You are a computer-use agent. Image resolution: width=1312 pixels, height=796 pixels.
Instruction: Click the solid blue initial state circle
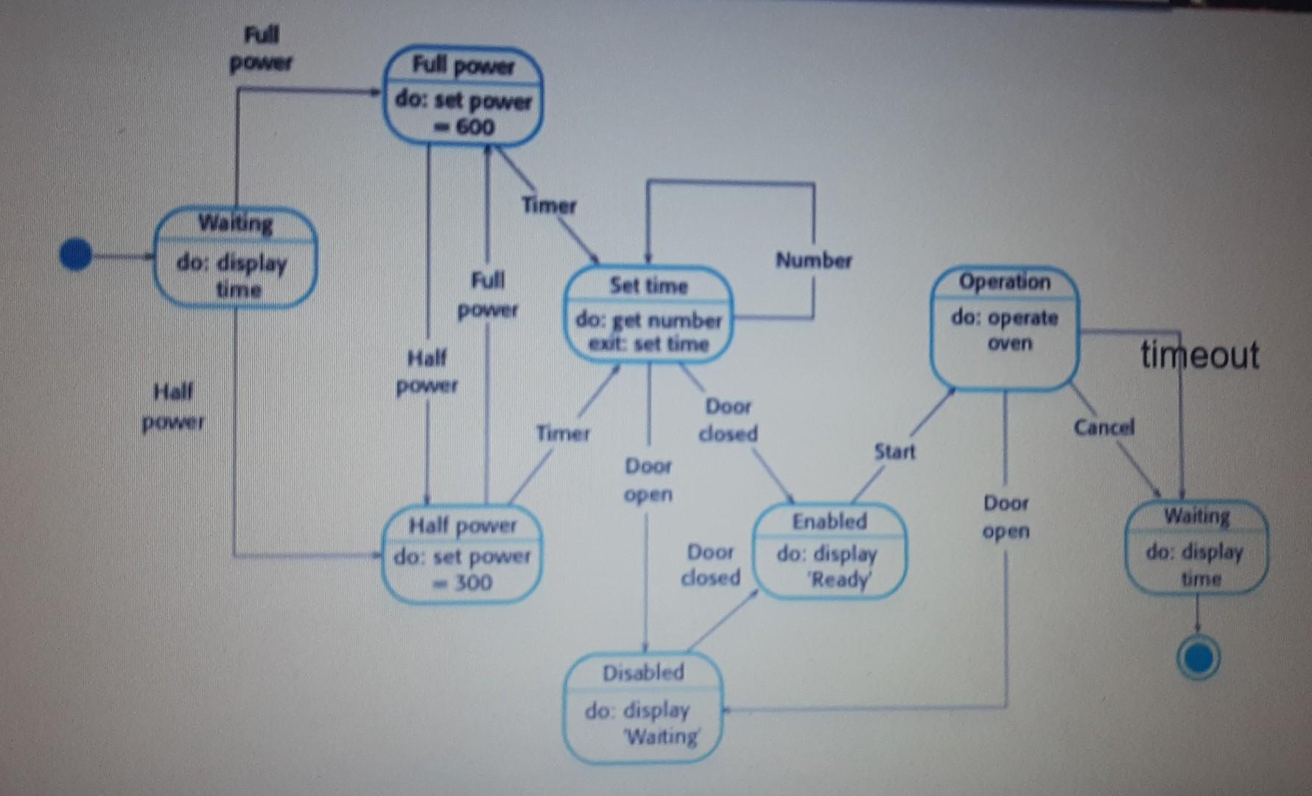(75, 255)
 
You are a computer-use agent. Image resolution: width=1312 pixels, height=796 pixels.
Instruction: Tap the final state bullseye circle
(1198, 657)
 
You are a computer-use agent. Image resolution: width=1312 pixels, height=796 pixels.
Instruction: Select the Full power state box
(463, 96)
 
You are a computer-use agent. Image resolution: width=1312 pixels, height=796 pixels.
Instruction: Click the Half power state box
(462, 554)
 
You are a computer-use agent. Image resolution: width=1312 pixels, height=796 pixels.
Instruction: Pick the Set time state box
(648, 315)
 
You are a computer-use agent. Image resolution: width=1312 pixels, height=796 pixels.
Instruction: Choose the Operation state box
(1005, 328)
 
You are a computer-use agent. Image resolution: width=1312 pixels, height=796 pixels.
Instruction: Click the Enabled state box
(829, 550)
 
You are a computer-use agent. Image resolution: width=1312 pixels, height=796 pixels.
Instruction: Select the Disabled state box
(643, 706)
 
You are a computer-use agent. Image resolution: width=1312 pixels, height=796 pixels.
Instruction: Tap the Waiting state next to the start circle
(235, 257)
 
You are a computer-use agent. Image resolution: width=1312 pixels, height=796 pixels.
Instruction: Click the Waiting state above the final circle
(1196, 547)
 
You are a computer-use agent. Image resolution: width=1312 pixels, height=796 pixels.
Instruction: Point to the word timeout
(1199, 355)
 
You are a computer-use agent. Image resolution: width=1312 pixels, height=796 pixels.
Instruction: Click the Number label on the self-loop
(813, 260)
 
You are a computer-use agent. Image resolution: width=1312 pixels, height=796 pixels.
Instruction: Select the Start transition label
(894, 451)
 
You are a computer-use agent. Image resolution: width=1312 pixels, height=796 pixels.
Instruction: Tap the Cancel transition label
(1104, 427)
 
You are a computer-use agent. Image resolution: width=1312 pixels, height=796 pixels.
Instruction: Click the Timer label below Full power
(549, 205)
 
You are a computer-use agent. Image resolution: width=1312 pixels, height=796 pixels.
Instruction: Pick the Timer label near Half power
(563, 433)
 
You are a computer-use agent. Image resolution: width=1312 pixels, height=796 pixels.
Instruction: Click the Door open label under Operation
(1006, 517)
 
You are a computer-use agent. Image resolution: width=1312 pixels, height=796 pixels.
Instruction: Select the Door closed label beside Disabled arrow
(710, 565)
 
